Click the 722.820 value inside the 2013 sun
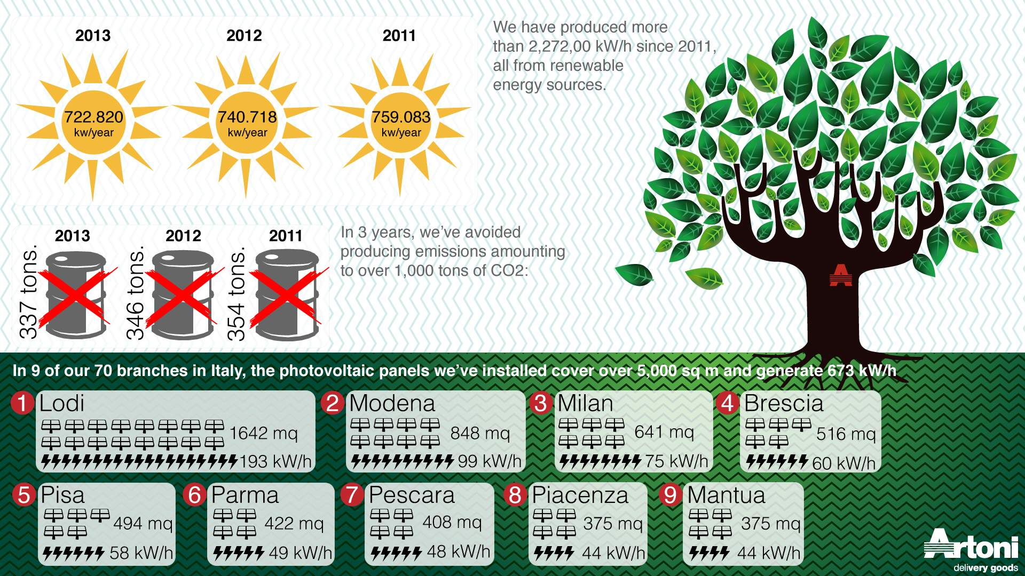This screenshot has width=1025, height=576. (93, 117)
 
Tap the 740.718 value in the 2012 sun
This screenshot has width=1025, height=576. (247, 117)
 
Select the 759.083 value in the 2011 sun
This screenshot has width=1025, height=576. (401, 117)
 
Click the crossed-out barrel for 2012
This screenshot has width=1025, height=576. (183, 295)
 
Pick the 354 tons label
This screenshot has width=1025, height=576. (236, 294)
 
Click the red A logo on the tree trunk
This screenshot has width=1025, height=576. (841, 275)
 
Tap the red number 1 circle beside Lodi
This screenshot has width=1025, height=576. (22, 403)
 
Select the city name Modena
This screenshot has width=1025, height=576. (392, 403)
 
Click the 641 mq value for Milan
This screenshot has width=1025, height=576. (664, 431)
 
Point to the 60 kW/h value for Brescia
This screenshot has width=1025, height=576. (843, 463)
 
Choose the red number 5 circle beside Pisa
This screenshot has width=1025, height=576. (24, 495)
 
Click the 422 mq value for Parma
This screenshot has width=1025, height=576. (294, 523)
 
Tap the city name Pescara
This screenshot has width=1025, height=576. (412, 495)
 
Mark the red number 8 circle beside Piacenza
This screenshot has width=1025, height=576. (515, 495)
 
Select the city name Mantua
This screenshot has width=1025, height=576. (726, 495)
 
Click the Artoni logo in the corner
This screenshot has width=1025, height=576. (971, 549)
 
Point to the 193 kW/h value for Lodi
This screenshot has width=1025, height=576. (275, 461)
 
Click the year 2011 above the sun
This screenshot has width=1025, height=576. (399, 36)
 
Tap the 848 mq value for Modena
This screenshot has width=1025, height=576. (480, 433)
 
